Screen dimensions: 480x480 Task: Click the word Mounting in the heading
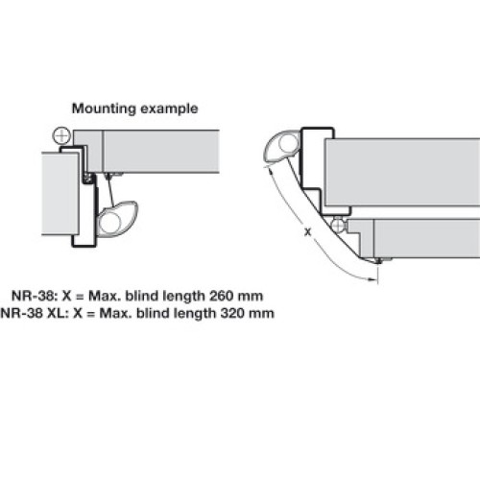(x=104, y=108)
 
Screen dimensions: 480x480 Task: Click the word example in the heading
(x=169, y=108)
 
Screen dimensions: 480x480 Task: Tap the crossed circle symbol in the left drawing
(x=61, y=136)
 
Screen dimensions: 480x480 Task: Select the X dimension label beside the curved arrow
(x=307, y=232)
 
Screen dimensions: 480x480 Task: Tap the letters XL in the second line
(x=58, y=313)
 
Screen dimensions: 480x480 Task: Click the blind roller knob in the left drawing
(x=117, y=219)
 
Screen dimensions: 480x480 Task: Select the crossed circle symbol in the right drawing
(x=338, y=226)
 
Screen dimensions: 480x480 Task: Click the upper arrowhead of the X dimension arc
(x=271, y=172)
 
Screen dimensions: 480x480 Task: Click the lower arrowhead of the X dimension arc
(x=372, y=279)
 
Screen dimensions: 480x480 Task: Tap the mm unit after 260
(x=252, y=297)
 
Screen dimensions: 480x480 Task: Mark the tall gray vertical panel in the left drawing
(x=60, y=194)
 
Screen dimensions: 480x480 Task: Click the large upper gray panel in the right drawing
(x=402, y=172)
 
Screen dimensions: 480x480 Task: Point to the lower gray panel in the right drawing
(x=427, y=238)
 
